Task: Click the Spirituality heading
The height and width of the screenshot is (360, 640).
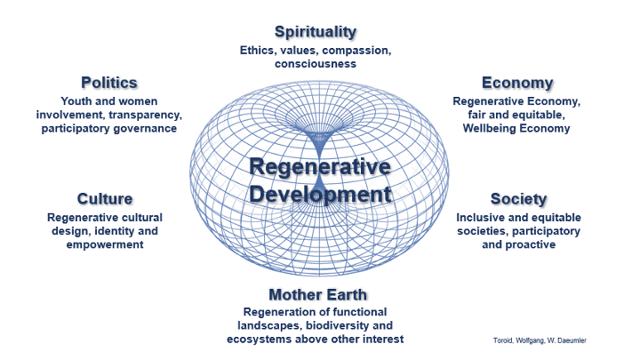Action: [x=316, y=32]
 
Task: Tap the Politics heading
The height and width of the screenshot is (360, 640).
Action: [x=109, y=83]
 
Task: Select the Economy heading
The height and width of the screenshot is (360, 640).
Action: [x=517, y=83]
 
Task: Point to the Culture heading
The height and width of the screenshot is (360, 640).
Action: [x=105, y=198]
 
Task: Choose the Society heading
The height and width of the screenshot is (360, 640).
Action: [x=518, y=198]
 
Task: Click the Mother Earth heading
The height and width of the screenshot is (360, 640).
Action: [x=317, y=294]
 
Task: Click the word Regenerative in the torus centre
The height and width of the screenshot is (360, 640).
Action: [x=319, y=167]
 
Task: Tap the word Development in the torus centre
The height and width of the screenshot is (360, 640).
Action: [x=319, y=194]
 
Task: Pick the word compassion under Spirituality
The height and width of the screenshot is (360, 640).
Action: [x=356, y=50]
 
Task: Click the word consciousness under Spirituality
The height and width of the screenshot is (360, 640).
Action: [x=316, y=64]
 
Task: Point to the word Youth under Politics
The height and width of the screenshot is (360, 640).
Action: [x=77, y=100]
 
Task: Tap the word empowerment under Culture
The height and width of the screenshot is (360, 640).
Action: [x=105, y=244]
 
